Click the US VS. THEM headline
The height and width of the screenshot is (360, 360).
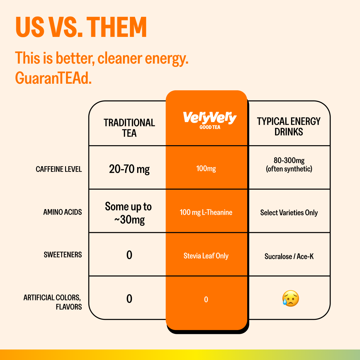tap(81, 27)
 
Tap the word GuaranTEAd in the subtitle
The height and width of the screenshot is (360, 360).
tap(53, 79)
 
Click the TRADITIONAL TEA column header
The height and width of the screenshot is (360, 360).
tap(129, 128)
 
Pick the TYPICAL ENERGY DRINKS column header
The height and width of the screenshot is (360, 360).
tap(289, 127)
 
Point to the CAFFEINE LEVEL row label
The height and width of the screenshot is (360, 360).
tap(59, 169)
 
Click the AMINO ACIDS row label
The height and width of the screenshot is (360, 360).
tap(62, 212)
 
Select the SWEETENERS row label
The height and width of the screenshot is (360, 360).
tap(63, 255)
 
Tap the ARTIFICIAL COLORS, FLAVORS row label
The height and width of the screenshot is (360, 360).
tap(52, 302)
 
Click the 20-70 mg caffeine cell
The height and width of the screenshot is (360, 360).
tap(129, 169)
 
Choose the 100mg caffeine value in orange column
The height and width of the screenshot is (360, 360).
tap(206, 169)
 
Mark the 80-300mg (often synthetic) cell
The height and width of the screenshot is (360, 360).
tap(289, 165)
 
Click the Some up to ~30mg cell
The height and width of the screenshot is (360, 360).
tap(129, 213)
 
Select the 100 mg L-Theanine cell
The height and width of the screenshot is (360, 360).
tap(206, 212)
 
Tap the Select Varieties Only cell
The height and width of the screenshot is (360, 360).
tap(289, 213)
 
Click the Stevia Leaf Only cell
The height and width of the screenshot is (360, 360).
tap(206, 256)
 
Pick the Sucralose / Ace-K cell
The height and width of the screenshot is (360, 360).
tap(289, 256)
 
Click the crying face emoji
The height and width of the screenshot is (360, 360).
tap(290, 298)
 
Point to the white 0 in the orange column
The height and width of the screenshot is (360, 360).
tap(206, 299)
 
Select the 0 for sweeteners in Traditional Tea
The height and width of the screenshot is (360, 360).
tap(129, 255)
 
